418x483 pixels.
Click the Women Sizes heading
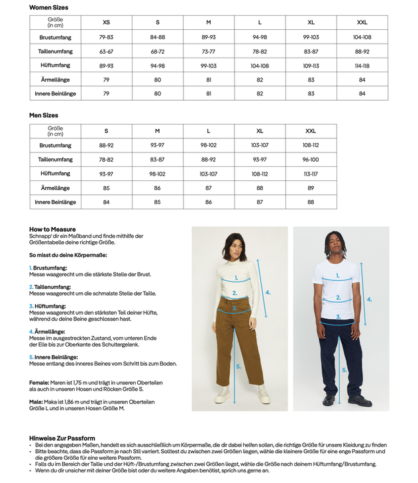pos(48,7)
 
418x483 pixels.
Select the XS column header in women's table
pos(107,23)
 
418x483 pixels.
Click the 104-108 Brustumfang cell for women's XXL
pos(362,37)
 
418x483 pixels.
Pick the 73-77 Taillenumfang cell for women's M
pos(209,51)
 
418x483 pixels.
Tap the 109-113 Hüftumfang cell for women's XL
pos(311,66)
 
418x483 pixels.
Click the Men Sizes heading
pos(44,115)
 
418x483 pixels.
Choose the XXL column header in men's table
pos(311,131)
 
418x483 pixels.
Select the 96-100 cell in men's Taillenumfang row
pos(311,160)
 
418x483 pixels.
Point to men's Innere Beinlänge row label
pos(55,202)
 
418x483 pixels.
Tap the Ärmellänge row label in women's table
pos(55,80)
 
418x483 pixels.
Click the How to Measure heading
pos(52,229)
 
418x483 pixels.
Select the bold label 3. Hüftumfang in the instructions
pos(48,306)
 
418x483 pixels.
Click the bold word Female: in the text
pos(39,382)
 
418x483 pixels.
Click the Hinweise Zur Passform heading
pos(62,438)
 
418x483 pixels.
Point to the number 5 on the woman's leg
pos(238,366)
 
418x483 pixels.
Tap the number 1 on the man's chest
pos(337,276)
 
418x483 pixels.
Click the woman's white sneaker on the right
pos(264,396)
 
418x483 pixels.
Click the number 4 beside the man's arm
pos(370,299)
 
